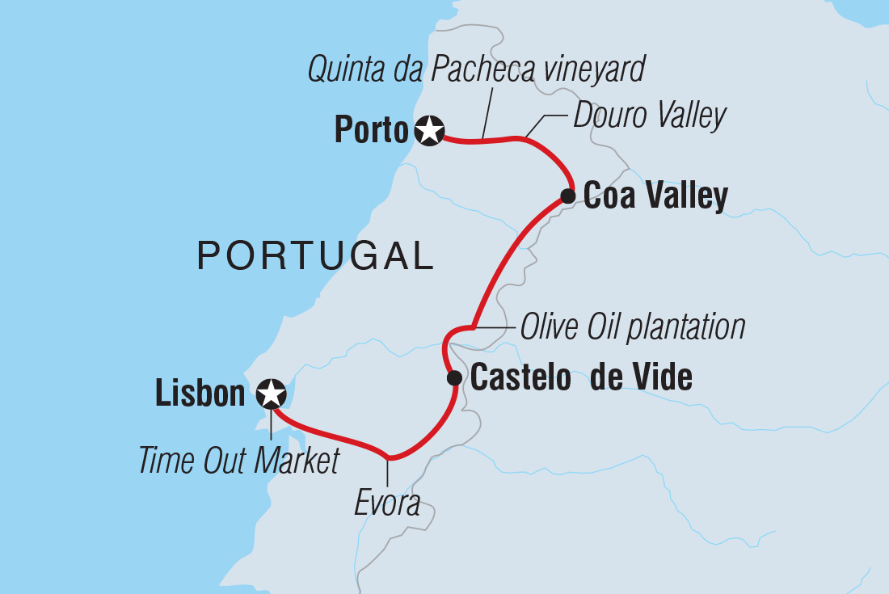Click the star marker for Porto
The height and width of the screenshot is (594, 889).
click(x=429, y=130)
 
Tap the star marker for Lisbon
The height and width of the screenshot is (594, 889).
click(x=271, y=394)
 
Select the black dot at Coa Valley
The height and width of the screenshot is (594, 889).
click(x=568, y=196)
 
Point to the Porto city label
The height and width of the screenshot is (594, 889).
click(x=371, y=131)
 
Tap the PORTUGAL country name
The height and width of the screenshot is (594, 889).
click(x=316, y=256)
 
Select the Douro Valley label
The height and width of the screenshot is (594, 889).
click(x=650, y=116)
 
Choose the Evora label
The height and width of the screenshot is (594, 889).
click(x=388, y=503)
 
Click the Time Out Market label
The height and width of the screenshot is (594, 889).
click(x=238, y=461)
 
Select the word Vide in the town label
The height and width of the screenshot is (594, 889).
click(x=663, y=377)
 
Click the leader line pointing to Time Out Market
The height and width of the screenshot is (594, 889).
click(x=269, y=426)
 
